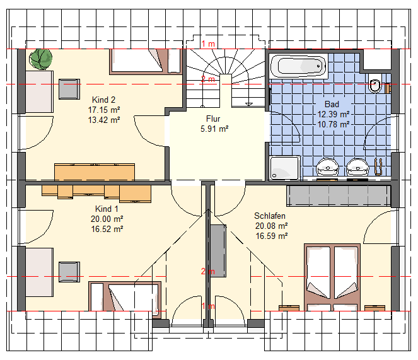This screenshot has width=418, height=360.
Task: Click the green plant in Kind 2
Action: (40, 59)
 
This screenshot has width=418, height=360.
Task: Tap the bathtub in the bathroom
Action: (299, 66)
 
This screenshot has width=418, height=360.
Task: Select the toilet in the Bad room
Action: (374, 86)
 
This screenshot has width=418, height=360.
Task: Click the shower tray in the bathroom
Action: (285, 168)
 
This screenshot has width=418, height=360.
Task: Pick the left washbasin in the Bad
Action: (327, 166)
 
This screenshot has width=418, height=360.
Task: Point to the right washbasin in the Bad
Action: (357, 166)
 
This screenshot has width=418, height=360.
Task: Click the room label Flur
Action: (213, 119)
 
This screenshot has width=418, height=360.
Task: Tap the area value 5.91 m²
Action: (214, 129)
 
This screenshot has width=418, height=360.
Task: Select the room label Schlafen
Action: (270, 216)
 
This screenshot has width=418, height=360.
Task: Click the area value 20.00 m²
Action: (107, 219)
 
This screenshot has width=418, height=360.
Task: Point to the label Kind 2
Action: (103, 100)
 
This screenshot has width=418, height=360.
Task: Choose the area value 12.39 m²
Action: (334, 114)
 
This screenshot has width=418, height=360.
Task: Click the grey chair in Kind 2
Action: (69, 89)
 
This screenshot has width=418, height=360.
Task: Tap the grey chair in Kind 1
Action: (69, 272)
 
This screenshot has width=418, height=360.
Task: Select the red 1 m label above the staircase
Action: (208, 44)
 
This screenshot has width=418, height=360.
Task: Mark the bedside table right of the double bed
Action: (374, 308)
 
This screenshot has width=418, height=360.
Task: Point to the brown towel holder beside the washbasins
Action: (378, 166)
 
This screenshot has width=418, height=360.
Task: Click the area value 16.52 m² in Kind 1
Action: (107, 229)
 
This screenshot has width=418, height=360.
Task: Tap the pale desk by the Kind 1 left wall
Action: (40, 272)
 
